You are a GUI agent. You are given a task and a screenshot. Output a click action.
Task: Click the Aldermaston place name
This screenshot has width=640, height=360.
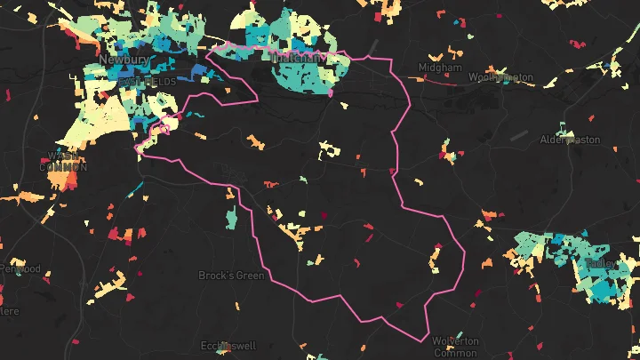[570, 140]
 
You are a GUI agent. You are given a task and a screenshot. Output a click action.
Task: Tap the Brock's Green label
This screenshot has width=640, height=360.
[231, 276]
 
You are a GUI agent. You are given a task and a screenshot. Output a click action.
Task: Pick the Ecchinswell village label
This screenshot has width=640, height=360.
[229, 346]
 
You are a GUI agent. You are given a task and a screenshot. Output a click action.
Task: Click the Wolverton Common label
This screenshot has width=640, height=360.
[455, 347]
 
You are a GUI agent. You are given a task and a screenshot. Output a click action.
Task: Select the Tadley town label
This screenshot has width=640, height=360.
[601, 264]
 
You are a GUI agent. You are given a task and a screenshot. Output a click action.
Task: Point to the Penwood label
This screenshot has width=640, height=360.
[20, 268]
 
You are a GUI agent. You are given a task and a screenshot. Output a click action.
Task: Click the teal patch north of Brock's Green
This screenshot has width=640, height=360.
[231, 217]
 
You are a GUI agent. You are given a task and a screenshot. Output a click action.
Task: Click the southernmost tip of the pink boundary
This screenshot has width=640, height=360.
[420, 339]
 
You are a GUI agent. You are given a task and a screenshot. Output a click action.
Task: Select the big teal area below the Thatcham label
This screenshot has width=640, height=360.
[302, 78]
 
